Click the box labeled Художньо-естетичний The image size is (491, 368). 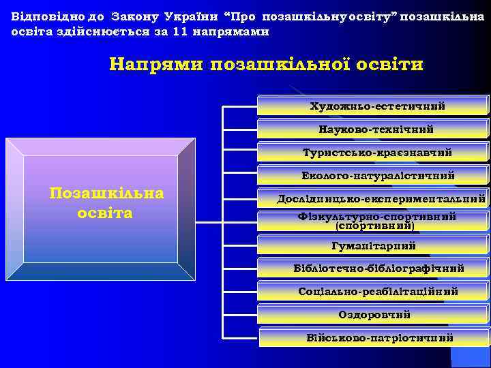(x=374, y=106)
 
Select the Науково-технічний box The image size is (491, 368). (x=374, y=129)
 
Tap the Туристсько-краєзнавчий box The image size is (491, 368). (x=374, y=152)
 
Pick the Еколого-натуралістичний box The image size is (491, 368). (x=374, y=175)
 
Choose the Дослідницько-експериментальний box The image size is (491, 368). (x=374, y=199)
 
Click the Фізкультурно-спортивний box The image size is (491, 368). (x=374, y=217)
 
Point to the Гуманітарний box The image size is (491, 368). (x=374, y=245)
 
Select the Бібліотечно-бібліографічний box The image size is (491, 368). (x=374, y=268)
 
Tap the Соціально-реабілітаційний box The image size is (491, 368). (x=374, y=291)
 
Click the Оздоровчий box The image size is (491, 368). (x=374, y=314)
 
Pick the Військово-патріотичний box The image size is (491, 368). (x=374, y=337)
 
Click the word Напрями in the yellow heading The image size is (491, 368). (x=158, y=65)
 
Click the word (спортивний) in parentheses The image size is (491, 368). (x=376, y=224)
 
